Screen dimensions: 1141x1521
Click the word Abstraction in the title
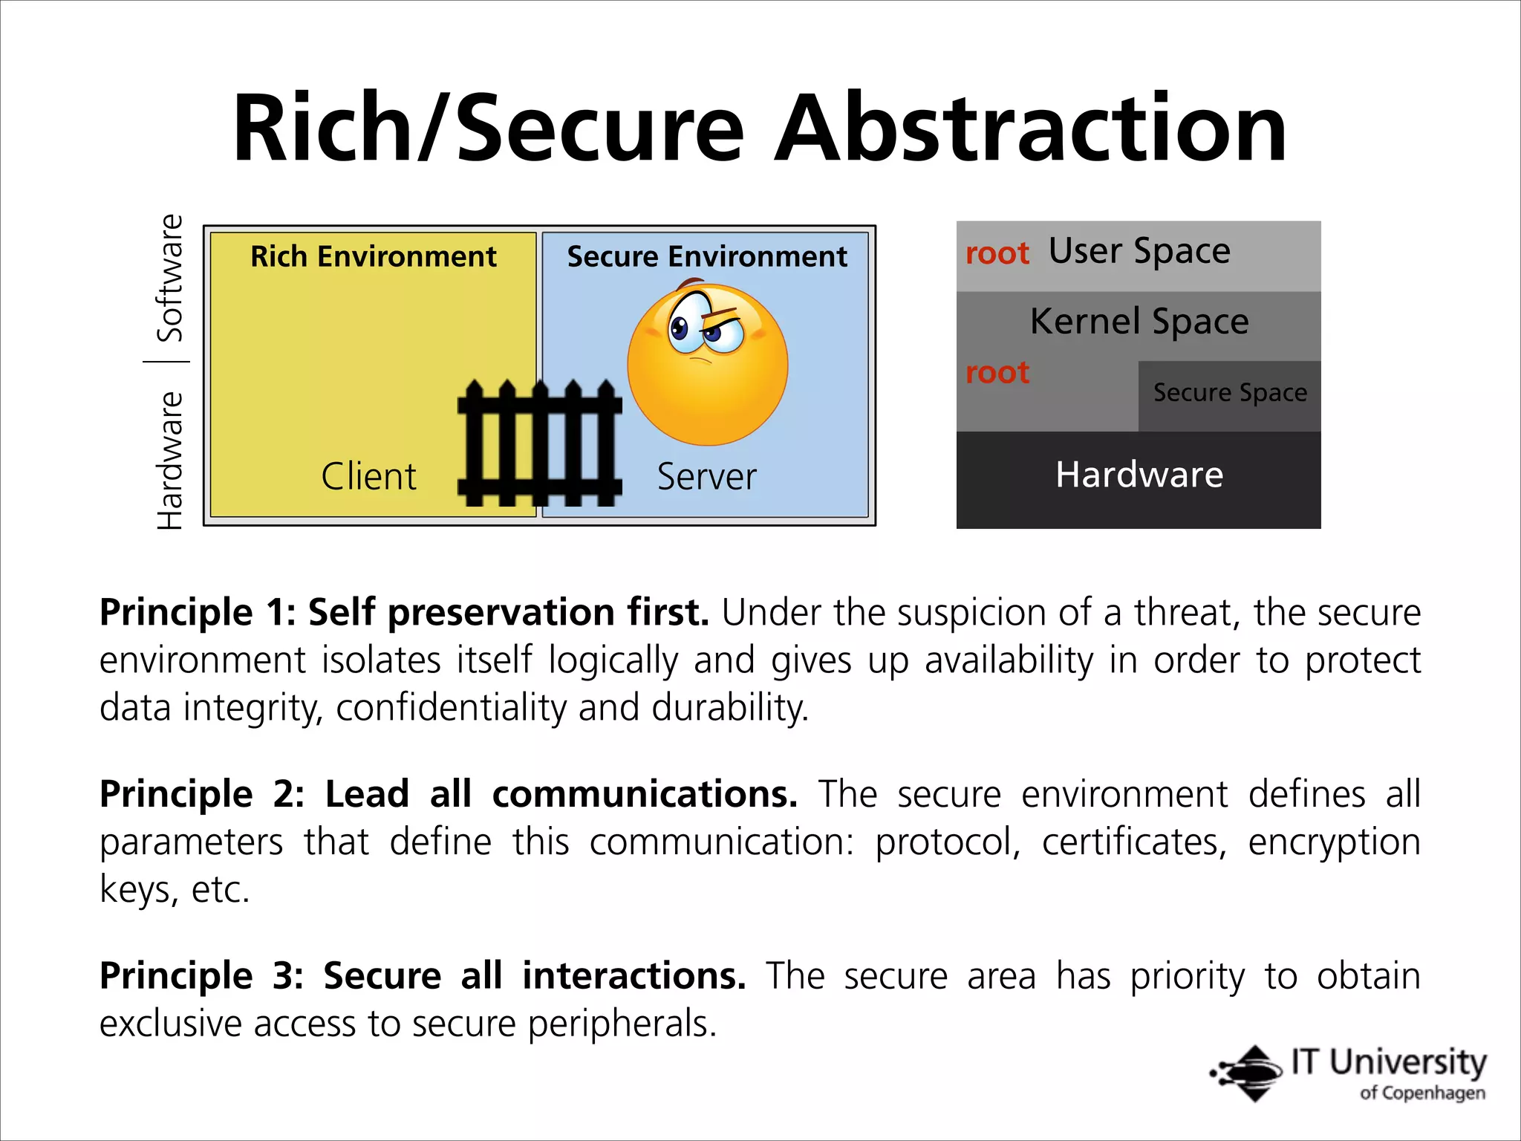[x=1030, y=128]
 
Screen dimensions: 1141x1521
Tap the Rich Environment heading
[x=373, y=256]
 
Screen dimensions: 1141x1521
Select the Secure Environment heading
[x=706, y=256]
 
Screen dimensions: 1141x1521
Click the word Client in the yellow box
[x=368, y=476]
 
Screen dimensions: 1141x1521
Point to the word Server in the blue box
[x=706, y=476]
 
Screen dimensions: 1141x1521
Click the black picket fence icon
[x=540, y=443]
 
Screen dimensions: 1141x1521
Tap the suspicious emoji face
[x=707, y=363]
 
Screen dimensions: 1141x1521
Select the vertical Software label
[x=170, y=278]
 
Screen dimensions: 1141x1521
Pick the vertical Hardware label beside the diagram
[x=170, y=461]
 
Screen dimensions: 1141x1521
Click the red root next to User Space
[x=997, y=253]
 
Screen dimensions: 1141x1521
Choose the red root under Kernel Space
[x=997, y=372]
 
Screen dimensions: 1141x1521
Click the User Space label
[x=1139, y=251]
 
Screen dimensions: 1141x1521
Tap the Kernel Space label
[x=1139, y=322]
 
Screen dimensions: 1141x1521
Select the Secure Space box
[x=1229, y=394]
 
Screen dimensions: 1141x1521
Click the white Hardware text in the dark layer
[x=1139, y=475]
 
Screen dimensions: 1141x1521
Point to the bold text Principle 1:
[x=198, y=613]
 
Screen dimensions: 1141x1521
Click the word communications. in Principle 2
[x=645, y=794]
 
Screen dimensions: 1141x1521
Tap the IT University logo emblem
[x=1248, y=1073]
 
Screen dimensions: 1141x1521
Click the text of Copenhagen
[x=1422, y=1093]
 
